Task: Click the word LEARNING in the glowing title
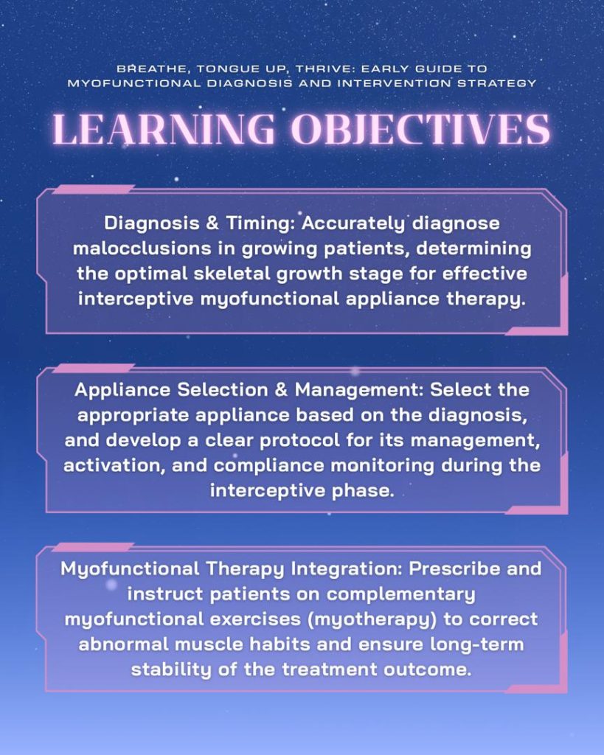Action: click(163, 129)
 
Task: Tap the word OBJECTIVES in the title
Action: click(421, 129)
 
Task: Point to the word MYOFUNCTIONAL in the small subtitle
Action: click(133, 83)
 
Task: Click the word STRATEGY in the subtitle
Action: click(496, 83)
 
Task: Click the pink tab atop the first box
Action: click(93, 189)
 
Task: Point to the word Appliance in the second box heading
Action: click(122, 390)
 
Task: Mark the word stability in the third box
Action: click(171, 669)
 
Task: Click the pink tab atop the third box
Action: click(93, 547)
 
